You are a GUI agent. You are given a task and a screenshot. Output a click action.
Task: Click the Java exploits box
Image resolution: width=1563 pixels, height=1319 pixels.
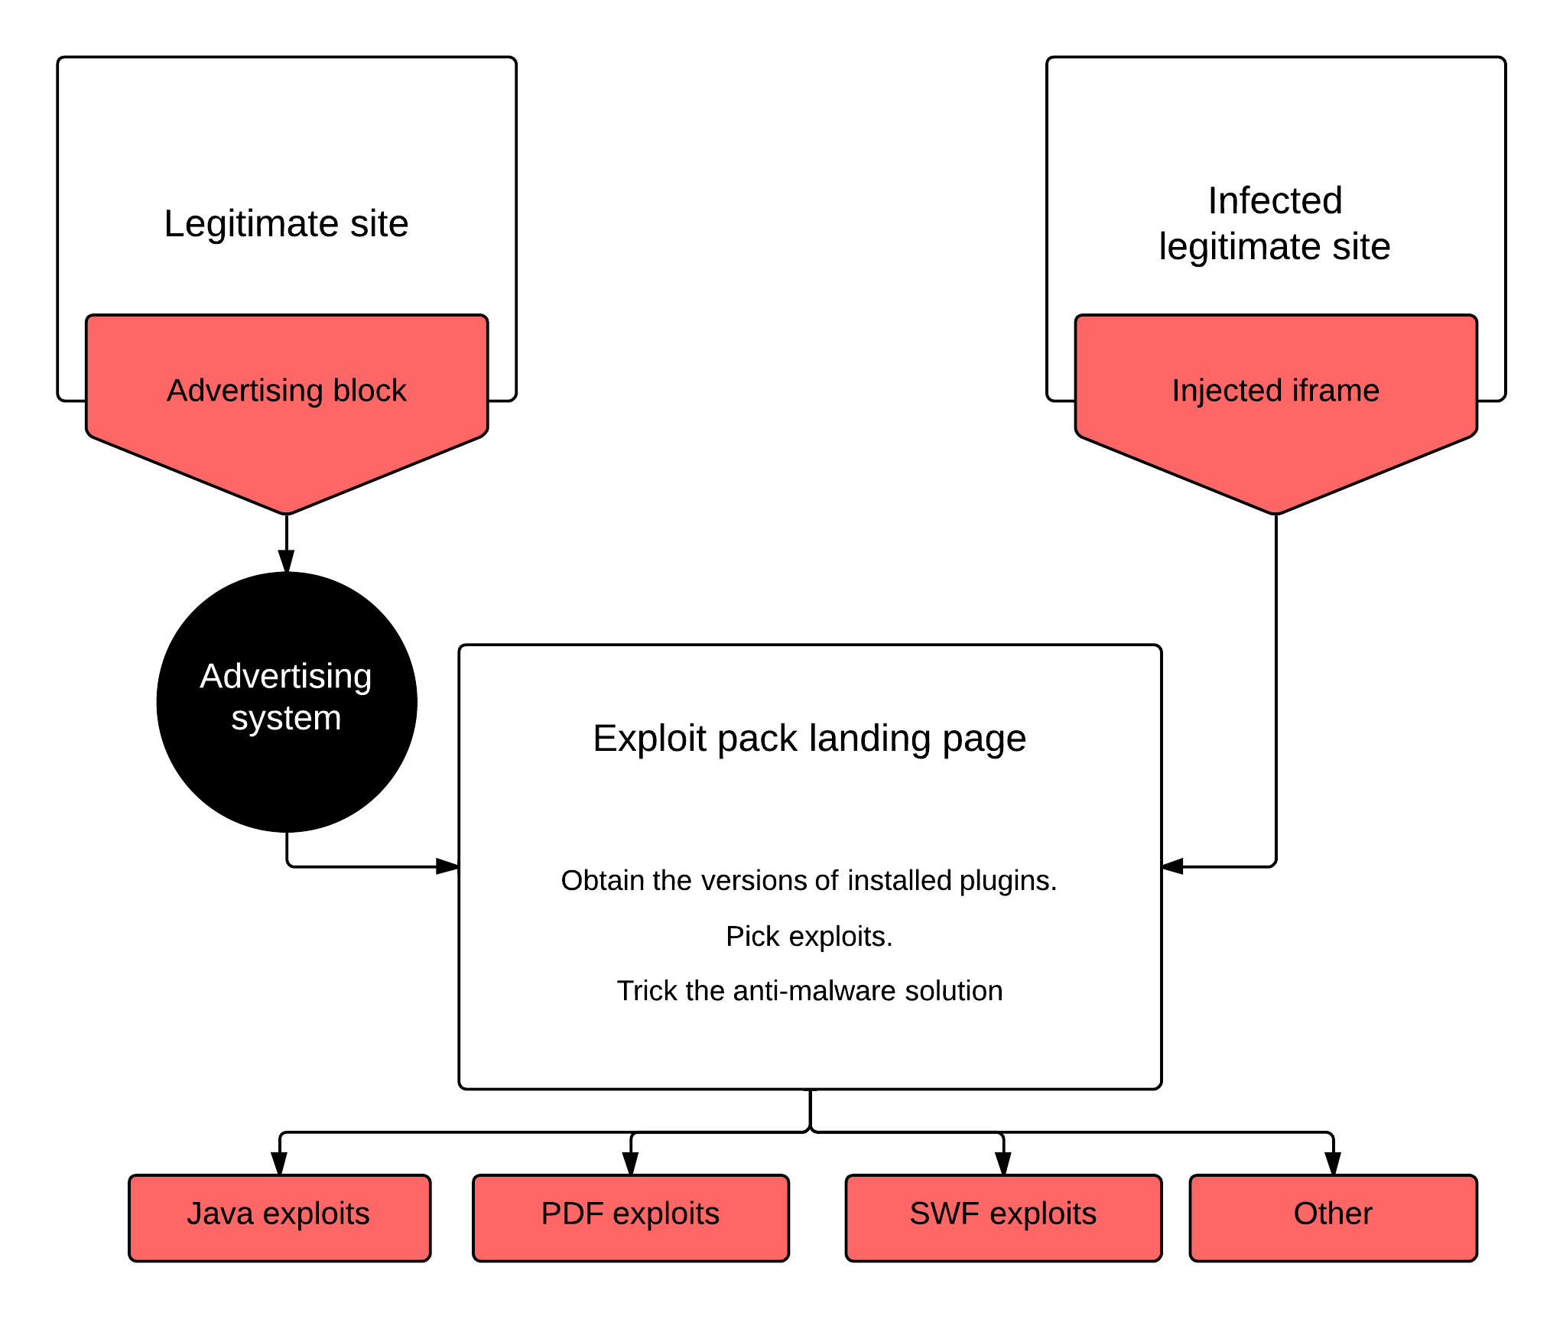[279, 1217]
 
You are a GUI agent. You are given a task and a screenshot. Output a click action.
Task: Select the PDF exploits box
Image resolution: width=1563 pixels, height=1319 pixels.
[631, 1217]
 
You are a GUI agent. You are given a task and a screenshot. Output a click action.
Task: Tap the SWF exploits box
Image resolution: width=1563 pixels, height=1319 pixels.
[1003, 1217]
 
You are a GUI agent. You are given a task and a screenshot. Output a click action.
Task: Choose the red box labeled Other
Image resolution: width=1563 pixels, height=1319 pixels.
[1333, 1217]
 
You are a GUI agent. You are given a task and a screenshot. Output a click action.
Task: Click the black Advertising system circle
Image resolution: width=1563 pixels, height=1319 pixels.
[287, 702]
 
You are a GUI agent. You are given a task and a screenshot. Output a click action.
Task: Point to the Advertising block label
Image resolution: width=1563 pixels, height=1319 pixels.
[287, 391]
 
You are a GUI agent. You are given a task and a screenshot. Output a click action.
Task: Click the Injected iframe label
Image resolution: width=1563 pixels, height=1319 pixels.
[1275, 391]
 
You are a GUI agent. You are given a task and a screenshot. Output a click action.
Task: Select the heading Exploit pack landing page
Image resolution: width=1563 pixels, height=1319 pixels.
[810, 739]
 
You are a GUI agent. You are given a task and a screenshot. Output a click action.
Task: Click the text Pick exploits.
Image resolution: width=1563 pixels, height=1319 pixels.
[810, 937]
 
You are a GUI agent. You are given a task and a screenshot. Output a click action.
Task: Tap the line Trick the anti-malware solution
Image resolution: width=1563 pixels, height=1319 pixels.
[810, 991]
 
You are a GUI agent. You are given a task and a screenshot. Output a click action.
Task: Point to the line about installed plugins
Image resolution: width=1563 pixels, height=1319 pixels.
[809, 881]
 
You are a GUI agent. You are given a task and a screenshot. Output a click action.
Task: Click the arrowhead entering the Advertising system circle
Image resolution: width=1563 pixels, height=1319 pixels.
[287, 562]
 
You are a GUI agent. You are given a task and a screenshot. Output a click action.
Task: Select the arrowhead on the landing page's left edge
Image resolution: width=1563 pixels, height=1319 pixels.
[447, 866]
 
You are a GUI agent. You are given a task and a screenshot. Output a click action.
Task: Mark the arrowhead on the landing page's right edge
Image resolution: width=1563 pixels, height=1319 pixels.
[1173, 866]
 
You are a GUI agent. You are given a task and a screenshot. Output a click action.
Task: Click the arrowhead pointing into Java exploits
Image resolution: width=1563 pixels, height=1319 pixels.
[279, 1164]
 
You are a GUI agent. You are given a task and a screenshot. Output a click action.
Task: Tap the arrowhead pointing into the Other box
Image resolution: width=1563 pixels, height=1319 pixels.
[1333, 1164]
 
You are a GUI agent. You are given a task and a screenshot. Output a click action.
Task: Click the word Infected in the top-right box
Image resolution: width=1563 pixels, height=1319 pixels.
[1275, 201]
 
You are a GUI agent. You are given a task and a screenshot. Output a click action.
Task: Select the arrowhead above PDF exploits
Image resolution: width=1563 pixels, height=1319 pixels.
[631, 1164]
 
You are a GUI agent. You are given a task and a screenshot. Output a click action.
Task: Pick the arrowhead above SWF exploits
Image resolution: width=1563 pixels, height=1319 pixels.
[1003, 1164]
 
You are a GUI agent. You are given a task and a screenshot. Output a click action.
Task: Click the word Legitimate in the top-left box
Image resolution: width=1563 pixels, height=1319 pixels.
[252, 225]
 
